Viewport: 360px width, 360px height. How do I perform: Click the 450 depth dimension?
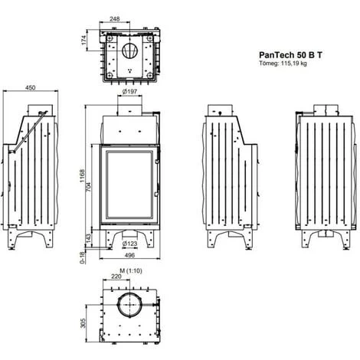31,88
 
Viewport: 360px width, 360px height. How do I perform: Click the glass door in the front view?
128,187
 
